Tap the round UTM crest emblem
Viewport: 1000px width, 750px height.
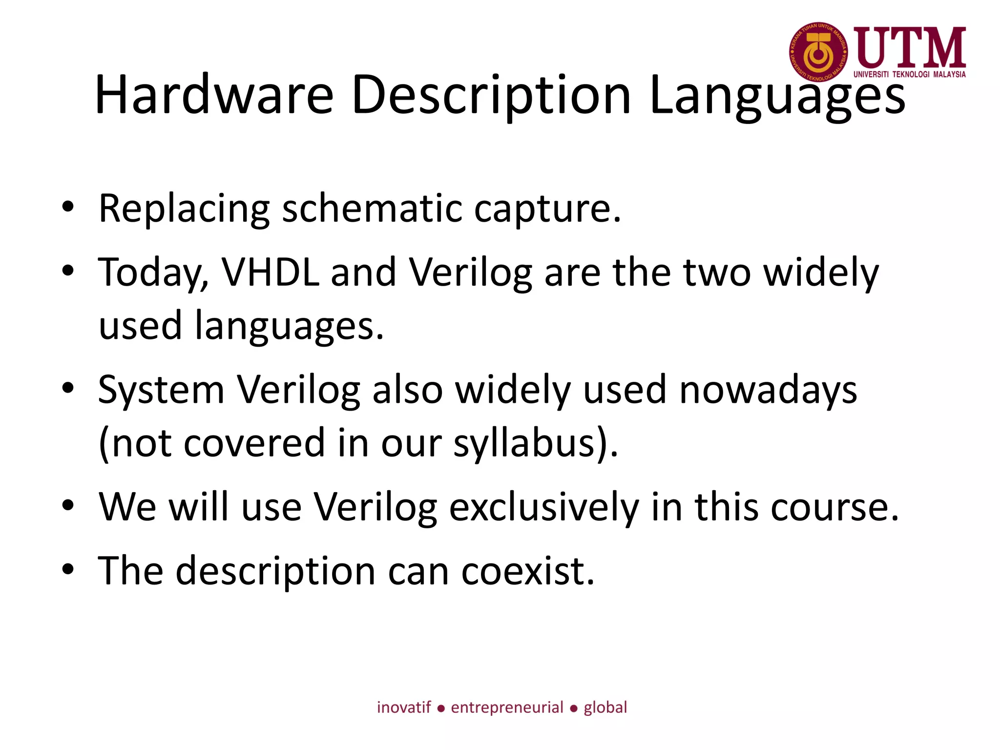click(x=818, y=52)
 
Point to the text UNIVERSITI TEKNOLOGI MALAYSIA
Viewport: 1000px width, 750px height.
click(x=909, y=75)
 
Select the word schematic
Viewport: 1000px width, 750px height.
click(x=372, y=208)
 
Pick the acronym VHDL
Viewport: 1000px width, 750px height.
click(x=271, y=272)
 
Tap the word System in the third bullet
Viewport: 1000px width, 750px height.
click(x=161, y=390)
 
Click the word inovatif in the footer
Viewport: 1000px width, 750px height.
click(x=404, y=707)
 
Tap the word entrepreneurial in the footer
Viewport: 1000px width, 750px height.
click(x=507, y=707)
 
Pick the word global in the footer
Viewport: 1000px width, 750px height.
click(x=605, y=707)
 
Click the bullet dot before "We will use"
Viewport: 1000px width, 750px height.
click(x=68, y=506)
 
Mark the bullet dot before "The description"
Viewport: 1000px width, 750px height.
click(x=68, y=569)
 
